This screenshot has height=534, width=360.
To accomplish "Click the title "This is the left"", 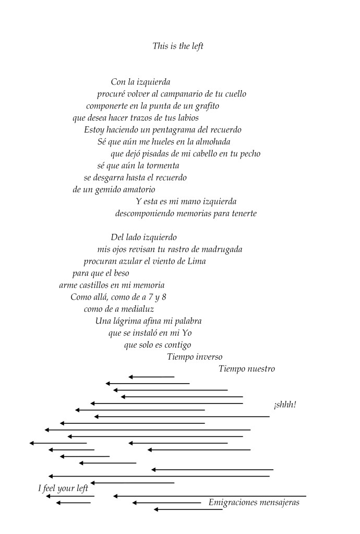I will coord(177,46).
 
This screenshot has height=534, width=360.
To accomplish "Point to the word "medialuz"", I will coord(139,309).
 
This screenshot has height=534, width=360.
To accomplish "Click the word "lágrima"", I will coord(128,321).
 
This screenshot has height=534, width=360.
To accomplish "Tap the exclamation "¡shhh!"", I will coord(284,405).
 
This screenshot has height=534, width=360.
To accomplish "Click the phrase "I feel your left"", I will coord(63,489).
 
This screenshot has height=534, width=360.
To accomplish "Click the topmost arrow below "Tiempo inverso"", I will coord(151,377).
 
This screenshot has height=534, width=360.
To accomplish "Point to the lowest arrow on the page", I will coord(188,509).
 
